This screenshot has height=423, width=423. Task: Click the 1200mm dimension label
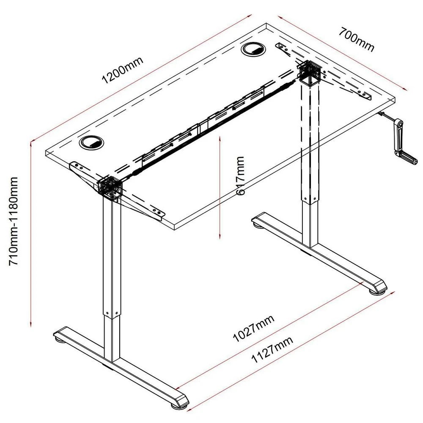pos(122,69)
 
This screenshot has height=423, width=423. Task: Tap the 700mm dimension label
pos(356,39)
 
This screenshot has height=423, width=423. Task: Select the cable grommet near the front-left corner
pos(91,142)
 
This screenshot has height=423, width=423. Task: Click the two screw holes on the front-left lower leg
pos(112,313)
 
